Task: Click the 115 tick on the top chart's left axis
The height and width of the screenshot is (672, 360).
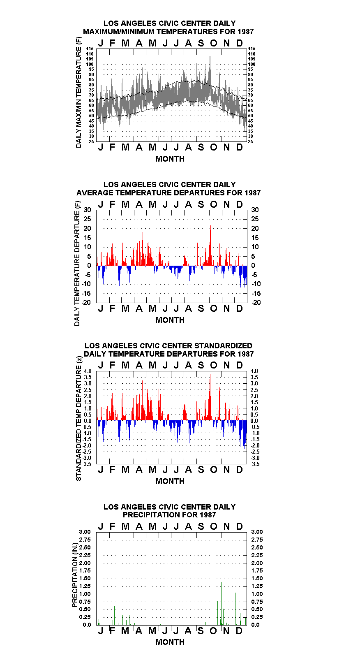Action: [90, 49]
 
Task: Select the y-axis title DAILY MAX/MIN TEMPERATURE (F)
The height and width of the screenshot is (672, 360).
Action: [78, 93]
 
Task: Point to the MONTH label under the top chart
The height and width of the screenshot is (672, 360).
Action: [170, 159]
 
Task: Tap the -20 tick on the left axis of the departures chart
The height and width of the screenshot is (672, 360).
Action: [86, 302]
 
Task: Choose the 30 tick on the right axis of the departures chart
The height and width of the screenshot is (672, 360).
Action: [255, 210]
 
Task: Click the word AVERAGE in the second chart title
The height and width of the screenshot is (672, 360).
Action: [95, 193]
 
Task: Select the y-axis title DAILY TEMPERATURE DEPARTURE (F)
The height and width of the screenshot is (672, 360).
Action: [77, 263]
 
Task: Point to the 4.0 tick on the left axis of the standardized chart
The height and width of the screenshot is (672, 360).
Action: [88, 371]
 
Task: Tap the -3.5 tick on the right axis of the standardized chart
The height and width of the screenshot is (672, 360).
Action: [255, 464]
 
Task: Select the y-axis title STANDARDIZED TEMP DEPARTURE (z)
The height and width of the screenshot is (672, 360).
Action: [78, 419]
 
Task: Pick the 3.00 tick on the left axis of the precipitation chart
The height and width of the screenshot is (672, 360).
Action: [85, 532]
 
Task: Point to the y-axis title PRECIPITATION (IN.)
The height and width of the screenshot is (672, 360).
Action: [75, 575]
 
